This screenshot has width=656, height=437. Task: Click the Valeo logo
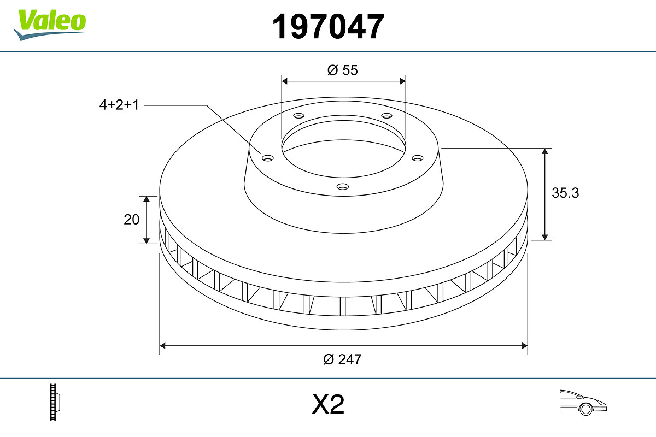(x=50, y=23)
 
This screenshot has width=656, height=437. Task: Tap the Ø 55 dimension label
(x=342, y=70)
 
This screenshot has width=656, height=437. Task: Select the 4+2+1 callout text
(x=119, y=105)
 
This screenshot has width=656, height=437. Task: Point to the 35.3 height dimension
(x=565, y=193)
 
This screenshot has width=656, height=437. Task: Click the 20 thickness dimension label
(x=132, y=220)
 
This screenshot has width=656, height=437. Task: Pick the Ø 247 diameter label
(x=342, y=359)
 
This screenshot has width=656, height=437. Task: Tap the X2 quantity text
(x=328, y=405)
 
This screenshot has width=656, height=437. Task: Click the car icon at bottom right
(x=583, y=401)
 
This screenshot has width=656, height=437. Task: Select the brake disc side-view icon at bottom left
(x=55, y=402)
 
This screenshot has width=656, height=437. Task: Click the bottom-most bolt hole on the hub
(x=342, y=186)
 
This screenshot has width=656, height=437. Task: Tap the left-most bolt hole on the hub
(x=267, y=158)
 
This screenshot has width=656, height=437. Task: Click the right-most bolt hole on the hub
(x=418, y=158)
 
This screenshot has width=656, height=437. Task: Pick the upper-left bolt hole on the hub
(x=298, y=116)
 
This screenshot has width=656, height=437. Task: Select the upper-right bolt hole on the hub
(x=387, y=116)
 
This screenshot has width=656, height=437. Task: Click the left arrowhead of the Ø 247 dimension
(x=163, y=345)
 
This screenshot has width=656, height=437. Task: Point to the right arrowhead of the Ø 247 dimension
(x=524, y=345)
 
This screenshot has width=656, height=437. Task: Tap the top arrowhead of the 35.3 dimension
(x=545, y=152)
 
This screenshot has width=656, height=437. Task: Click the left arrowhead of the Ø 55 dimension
(x=285, y=81)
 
